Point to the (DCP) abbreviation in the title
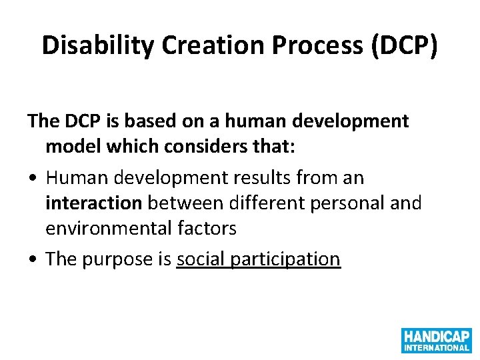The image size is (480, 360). pyautogui.click(x=405, y=45)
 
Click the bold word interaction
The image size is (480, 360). pyautogui.click(x=93, y=203)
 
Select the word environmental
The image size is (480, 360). pyautogui.click(x=111, y=229)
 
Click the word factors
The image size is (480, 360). pyautogui.click(x=208, y=229)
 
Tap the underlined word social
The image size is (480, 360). pyautogui.click(x=201, y=259)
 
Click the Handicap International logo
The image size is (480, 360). pyautogui.click(x=436, y=340)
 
